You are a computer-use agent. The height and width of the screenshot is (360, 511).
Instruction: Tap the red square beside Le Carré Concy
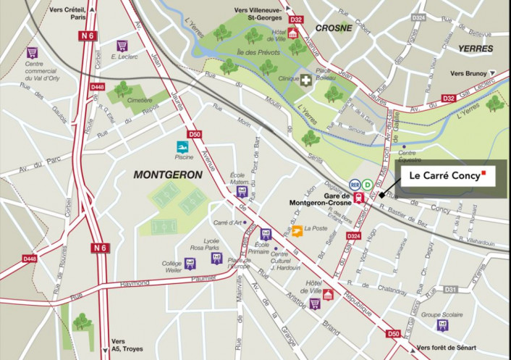point(483,174)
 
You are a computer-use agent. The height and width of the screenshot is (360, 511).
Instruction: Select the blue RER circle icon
point(355,184)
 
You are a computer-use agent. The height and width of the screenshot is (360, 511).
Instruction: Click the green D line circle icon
point(367,184)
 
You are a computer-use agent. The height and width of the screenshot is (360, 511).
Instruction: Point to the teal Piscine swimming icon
point(182,146)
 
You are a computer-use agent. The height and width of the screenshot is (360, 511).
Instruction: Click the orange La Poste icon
point(297,231)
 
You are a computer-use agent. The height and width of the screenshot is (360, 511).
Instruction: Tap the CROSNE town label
point(334,28)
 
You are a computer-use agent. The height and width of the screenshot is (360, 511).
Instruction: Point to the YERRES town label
point(475,49)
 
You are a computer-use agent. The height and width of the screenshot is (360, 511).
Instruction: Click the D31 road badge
point(450,290)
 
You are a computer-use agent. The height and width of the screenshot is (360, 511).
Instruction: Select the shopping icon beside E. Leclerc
point(122,46)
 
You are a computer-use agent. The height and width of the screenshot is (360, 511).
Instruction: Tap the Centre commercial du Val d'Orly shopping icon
point(31,52)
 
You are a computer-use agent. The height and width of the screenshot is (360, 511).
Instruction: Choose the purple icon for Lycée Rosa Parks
point(215,257)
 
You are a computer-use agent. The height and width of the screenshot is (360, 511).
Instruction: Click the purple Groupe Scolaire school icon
point(442,325)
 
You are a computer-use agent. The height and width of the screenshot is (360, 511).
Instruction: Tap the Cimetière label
point(140,100)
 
